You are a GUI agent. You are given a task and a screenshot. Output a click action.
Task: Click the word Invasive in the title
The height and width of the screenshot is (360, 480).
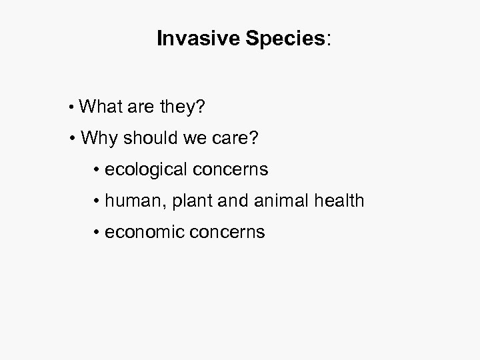click(x=189, y=39)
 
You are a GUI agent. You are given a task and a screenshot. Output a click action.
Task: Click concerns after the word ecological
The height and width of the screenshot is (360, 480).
click(x=232, y=169)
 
